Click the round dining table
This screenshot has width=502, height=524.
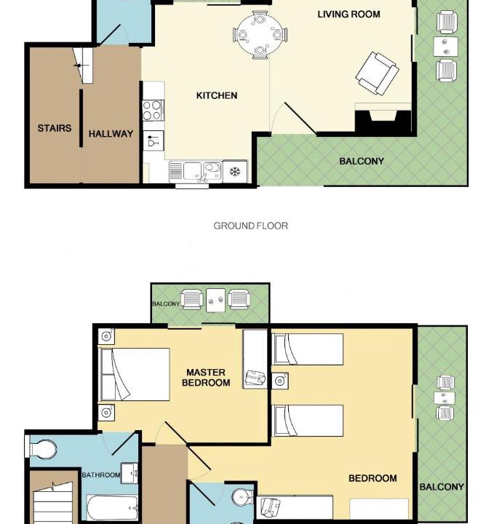pos(260,35)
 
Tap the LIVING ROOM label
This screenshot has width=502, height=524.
pos(348,15)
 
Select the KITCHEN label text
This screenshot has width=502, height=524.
pos(217,95)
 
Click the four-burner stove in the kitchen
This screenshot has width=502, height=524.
pos(153,111)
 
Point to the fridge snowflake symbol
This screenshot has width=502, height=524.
pos(235,172)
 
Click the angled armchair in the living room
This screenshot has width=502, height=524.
pos(377,74)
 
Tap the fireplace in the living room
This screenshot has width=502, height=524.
pos(383,119)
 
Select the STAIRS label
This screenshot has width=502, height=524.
pos(55,128)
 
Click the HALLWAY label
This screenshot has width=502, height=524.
pos(111,134)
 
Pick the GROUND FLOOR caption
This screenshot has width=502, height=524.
pos(250,226)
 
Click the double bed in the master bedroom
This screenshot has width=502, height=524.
pos(135,374)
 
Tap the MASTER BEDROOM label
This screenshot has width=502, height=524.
pos(206,377)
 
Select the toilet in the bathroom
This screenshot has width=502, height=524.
pos(41,448)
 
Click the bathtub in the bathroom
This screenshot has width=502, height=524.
pos(113,508)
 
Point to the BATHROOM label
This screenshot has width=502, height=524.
pos(101,475)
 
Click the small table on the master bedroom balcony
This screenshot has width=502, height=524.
pos(216,301)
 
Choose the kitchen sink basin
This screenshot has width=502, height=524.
pos(192,171)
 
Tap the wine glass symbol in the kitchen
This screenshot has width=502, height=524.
pos(154,140)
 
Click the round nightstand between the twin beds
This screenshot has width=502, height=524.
pos(280,381)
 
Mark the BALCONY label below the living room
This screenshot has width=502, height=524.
pos(362,162)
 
